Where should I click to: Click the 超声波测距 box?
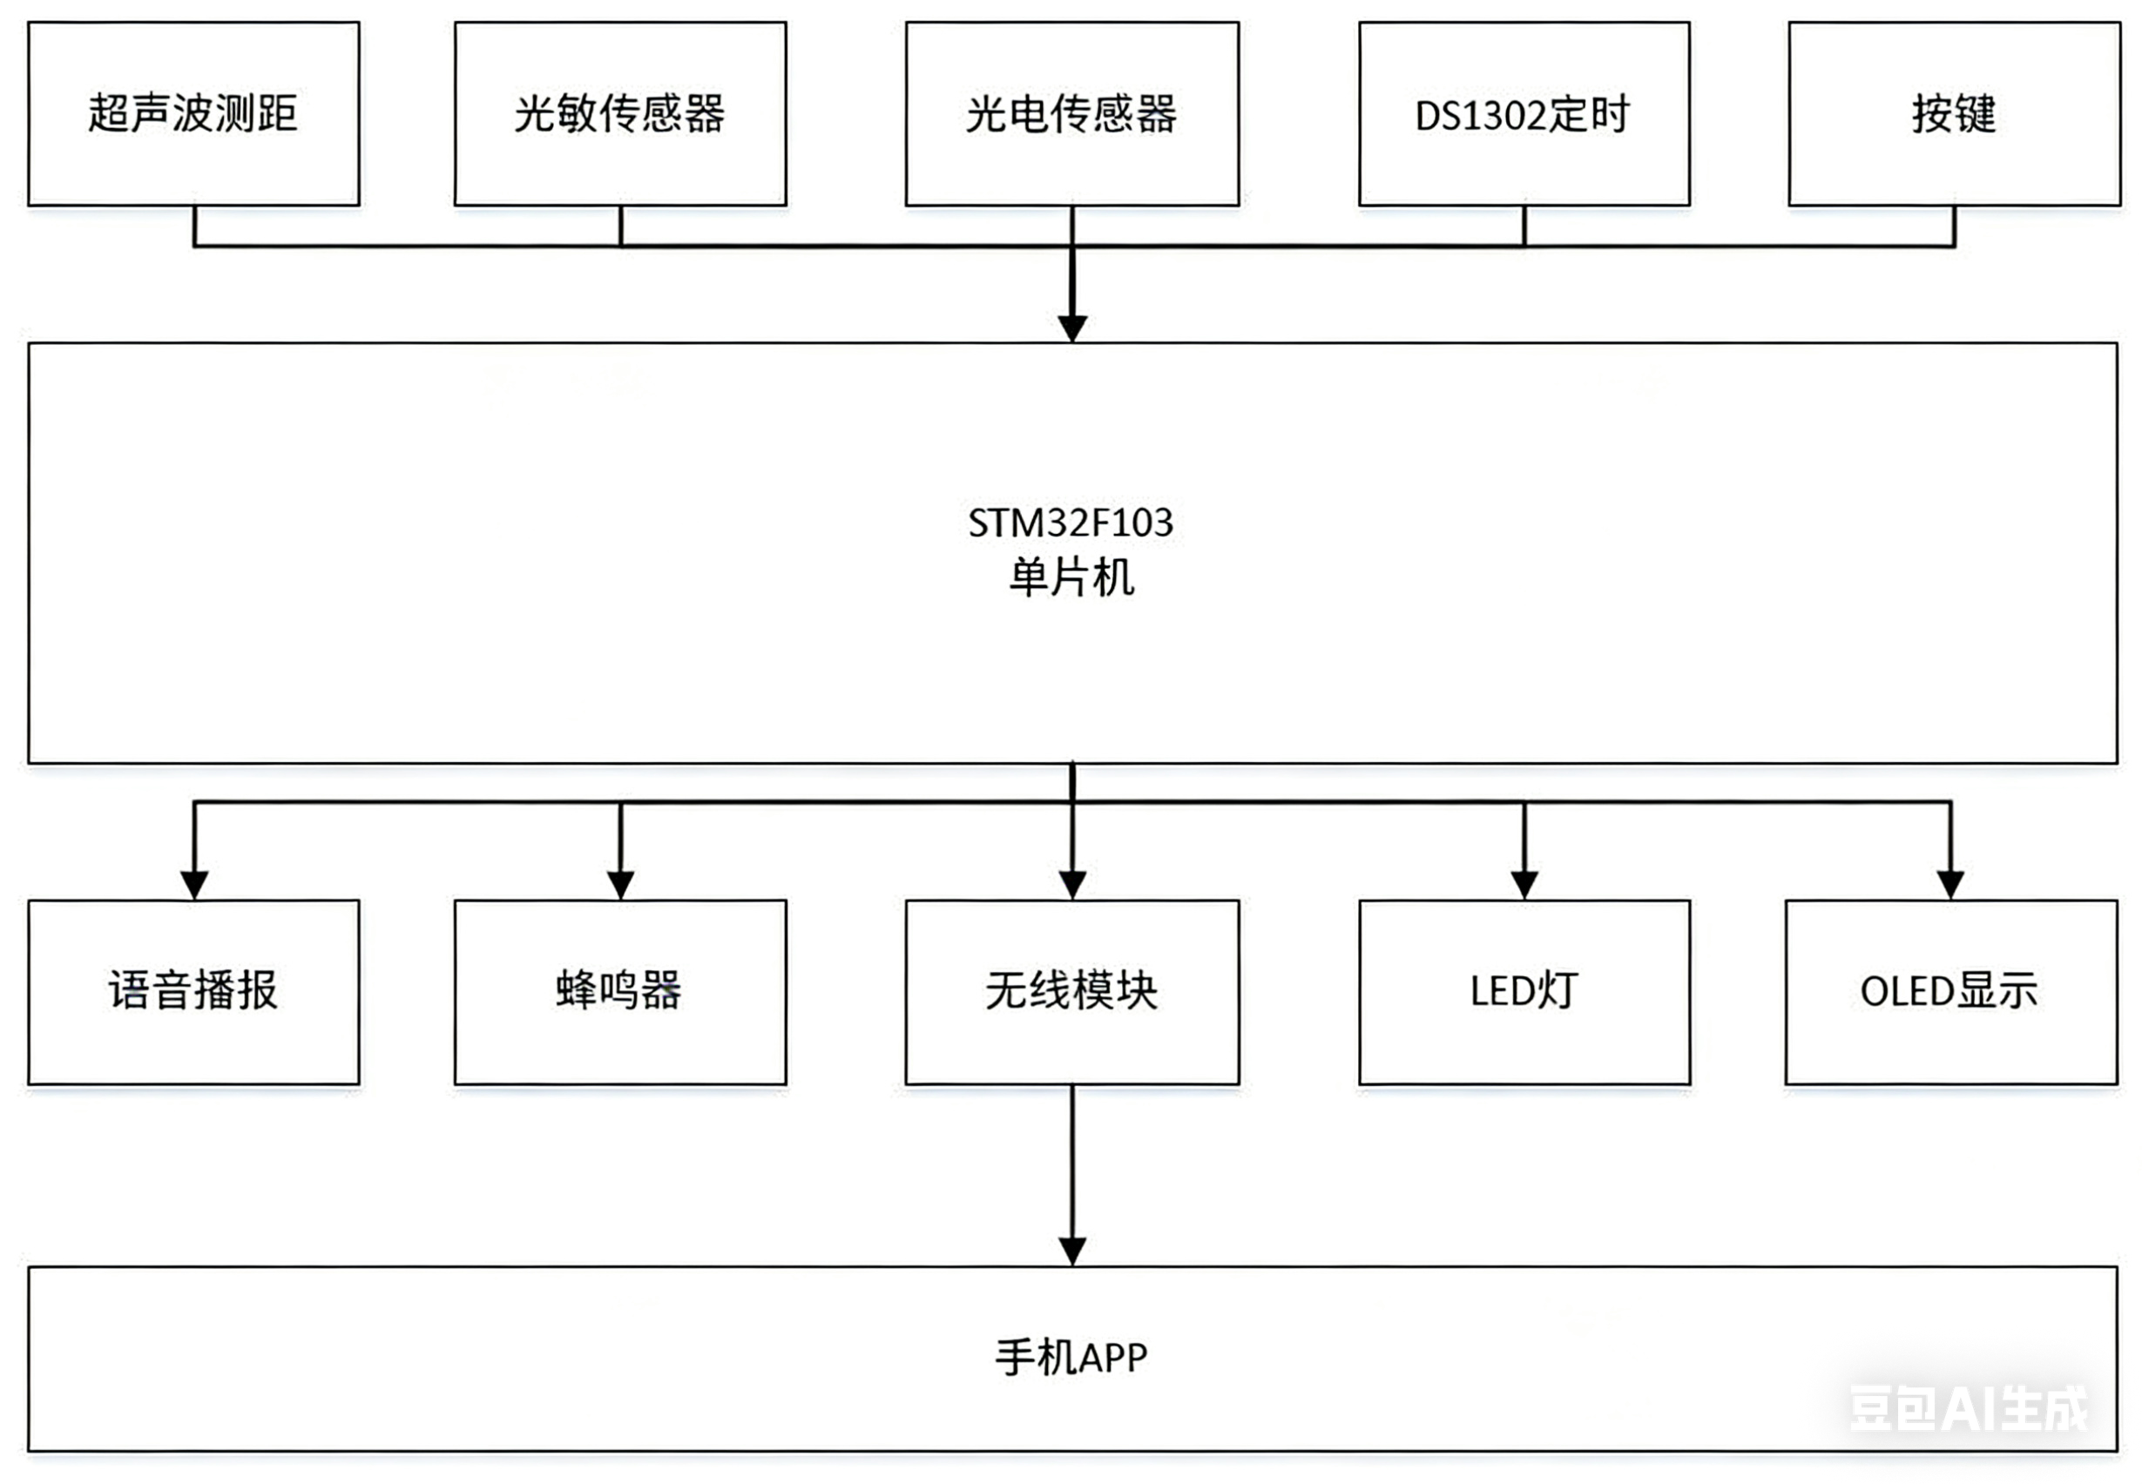(193, 113)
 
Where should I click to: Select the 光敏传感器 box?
(619, 113)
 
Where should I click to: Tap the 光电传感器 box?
(1071, 113)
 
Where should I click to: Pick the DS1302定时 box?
(1524, 113)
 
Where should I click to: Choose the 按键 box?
(1953, 113)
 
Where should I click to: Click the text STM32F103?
(1071, 523)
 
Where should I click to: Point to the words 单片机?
(1071, 577)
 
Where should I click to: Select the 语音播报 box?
(193, 991)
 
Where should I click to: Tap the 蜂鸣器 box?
(619, 991)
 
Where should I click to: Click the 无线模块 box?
(1071, 991)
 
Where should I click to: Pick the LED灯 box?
(1524, 991)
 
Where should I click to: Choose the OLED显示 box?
(1950, 991)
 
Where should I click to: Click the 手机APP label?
(1071, 1358)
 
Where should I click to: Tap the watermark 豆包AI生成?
(1968, 1409)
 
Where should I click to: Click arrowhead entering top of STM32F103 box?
(1072, 328)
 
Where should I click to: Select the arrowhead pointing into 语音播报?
(193, 884)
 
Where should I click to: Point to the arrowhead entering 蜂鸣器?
(620, 884)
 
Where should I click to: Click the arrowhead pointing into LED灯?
(1524, 884)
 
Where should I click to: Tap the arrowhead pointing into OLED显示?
(1949, 884)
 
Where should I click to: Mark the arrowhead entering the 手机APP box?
(1072, 1251)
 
